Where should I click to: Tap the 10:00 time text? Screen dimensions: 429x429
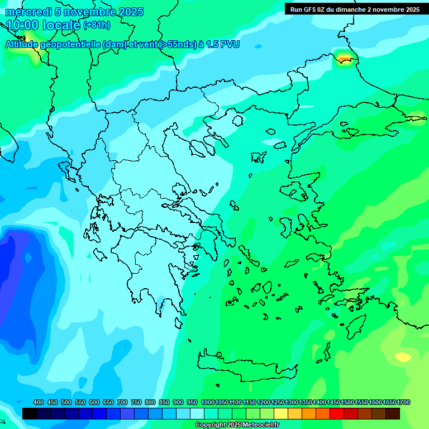(23, 25)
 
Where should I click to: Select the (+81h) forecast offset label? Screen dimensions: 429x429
(97, 25)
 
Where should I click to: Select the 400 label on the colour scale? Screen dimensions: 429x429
(39, 403)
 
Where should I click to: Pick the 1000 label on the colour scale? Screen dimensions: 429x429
(207, 403)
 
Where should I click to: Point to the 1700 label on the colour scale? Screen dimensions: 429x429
(403, 403)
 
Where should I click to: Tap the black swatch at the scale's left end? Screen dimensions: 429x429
(30, 414)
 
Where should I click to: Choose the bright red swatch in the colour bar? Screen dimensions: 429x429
(337, 414)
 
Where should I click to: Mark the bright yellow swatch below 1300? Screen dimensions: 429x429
(281, 414)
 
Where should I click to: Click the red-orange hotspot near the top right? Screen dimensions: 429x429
(344, 57)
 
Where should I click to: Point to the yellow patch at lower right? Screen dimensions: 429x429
(403, 356)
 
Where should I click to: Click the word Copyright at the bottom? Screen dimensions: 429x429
(211, 425)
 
